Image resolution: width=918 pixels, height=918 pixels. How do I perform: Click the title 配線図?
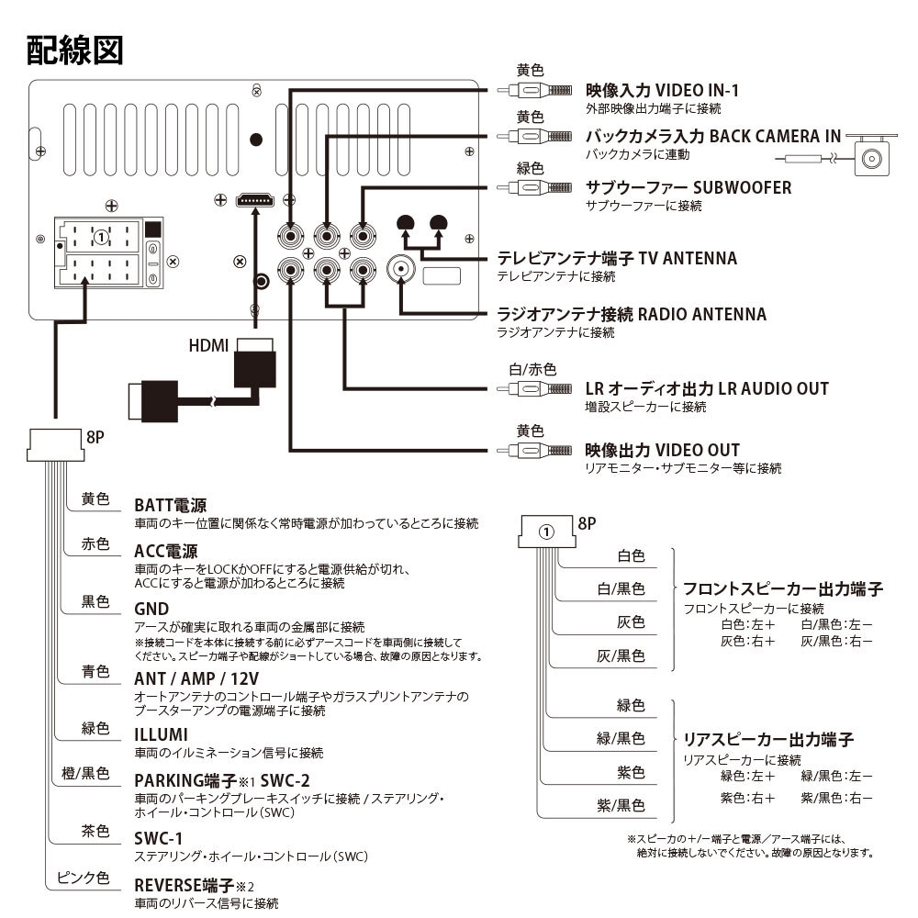point(74,50)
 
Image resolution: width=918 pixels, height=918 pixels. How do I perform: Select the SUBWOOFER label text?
point(688,187)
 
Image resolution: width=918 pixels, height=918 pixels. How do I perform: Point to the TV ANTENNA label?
point(616,258)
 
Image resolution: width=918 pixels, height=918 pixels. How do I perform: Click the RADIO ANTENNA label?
point(631,315)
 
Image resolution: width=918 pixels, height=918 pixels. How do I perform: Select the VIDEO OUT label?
point(662,451)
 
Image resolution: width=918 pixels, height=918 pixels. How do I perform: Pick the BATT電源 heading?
point(170,505)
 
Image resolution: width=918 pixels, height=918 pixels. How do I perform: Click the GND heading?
point(151,609)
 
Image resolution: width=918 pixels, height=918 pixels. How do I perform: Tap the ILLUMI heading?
point(161,734)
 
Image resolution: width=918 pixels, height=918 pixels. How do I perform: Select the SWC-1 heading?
point(158,838)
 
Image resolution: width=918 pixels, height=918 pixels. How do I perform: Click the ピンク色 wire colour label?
point(83,878)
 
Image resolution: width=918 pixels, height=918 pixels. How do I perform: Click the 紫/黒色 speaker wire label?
point(621,806)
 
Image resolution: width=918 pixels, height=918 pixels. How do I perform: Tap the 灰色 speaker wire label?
point(630,622)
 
